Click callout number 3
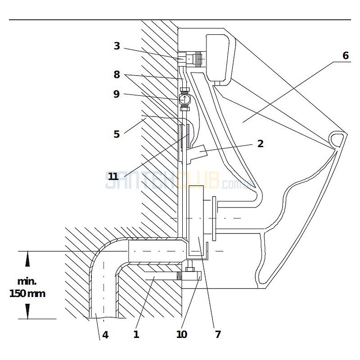tap(117, 46)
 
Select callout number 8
tap(117, 75)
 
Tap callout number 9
tap(117, 94)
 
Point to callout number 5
tap(117, 134)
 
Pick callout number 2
tap(260, 144)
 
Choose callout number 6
tap(345, 56)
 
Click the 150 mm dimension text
tap(27, 293)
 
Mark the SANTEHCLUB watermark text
tap(175, 181)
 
